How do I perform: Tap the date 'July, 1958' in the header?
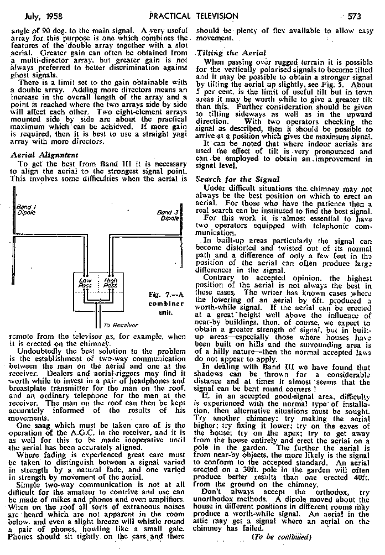pyautogui.click(x=34, y=16)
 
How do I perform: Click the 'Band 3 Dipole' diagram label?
pyautogui.click(x=167, y=214)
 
